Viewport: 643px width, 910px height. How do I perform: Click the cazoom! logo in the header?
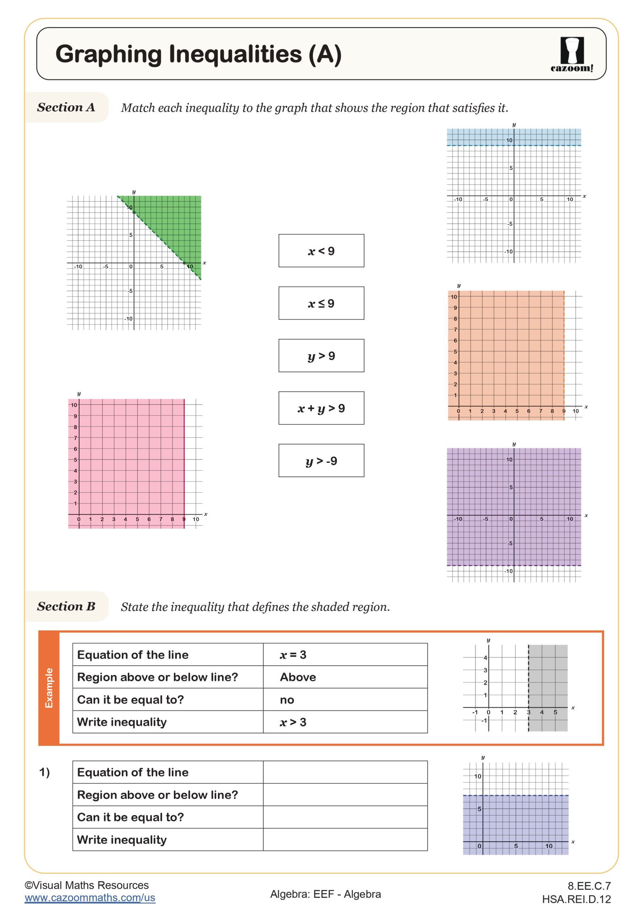click(x=571, y=54)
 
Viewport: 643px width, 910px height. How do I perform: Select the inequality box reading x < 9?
click(x=321, y=251)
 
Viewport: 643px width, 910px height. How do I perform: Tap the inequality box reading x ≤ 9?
click(x=321, y=303)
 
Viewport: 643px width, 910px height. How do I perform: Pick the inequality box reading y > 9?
click(x=321, y=355)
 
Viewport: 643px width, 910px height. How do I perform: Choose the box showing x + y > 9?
click(x=321, y=408)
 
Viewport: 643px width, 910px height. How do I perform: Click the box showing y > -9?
click(x=321, y=461)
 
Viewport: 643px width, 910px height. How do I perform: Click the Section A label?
click(x=66, y=107)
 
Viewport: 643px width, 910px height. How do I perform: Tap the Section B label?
click(x=66, y=606)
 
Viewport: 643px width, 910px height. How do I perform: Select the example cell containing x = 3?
click(x=345, y=654)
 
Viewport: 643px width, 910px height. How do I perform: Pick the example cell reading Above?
click(x=345, y=677)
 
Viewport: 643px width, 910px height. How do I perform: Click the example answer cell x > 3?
click(x=345, y=722)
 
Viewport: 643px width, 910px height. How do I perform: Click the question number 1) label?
click(x=44, y=772)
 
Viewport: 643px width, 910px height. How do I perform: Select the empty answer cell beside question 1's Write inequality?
click(x=345, y=840)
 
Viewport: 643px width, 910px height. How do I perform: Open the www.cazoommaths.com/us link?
click(x=90, y=898)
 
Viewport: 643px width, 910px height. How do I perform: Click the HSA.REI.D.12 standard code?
click(x=576, y=899)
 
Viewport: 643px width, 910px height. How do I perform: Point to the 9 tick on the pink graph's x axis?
click(x=184, y=519)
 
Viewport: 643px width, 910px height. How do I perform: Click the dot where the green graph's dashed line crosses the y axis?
click(x=134, y=213)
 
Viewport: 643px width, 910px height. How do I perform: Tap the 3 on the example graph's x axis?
click(x=528, y=712)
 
